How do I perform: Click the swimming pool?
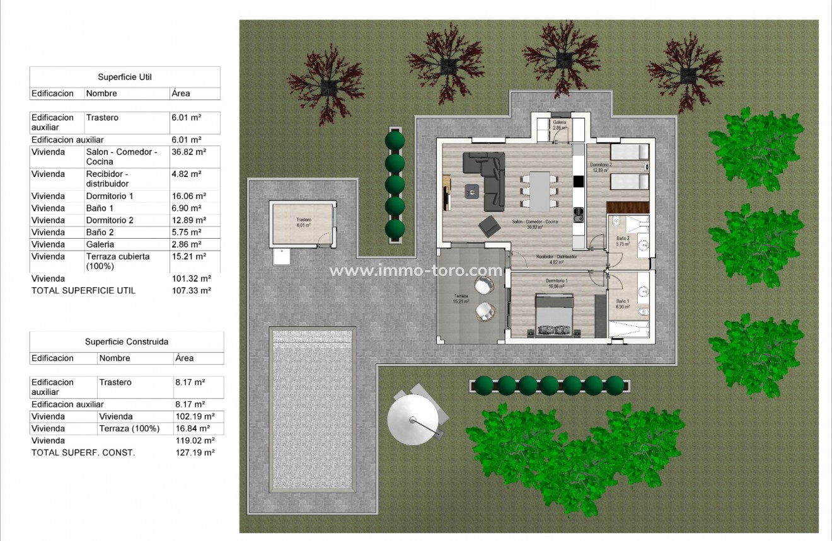pos(313,409)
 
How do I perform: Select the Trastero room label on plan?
pos(304,222)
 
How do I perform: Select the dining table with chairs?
pos(540,191)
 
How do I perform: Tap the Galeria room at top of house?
pos(558,125)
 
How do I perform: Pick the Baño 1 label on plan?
pos(622,303)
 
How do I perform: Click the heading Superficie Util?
pos(125,77)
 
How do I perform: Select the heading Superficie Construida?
pos(127,342)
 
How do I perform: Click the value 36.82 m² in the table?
pos(188,152)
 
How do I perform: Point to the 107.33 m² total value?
pos(191,290)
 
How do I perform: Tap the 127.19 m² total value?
pos(195,452)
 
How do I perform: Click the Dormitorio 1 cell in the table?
pos(110,196)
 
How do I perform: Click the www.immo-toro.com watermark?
pos(416,271)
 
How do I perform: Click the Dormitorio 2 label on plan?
pos(601,167)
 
